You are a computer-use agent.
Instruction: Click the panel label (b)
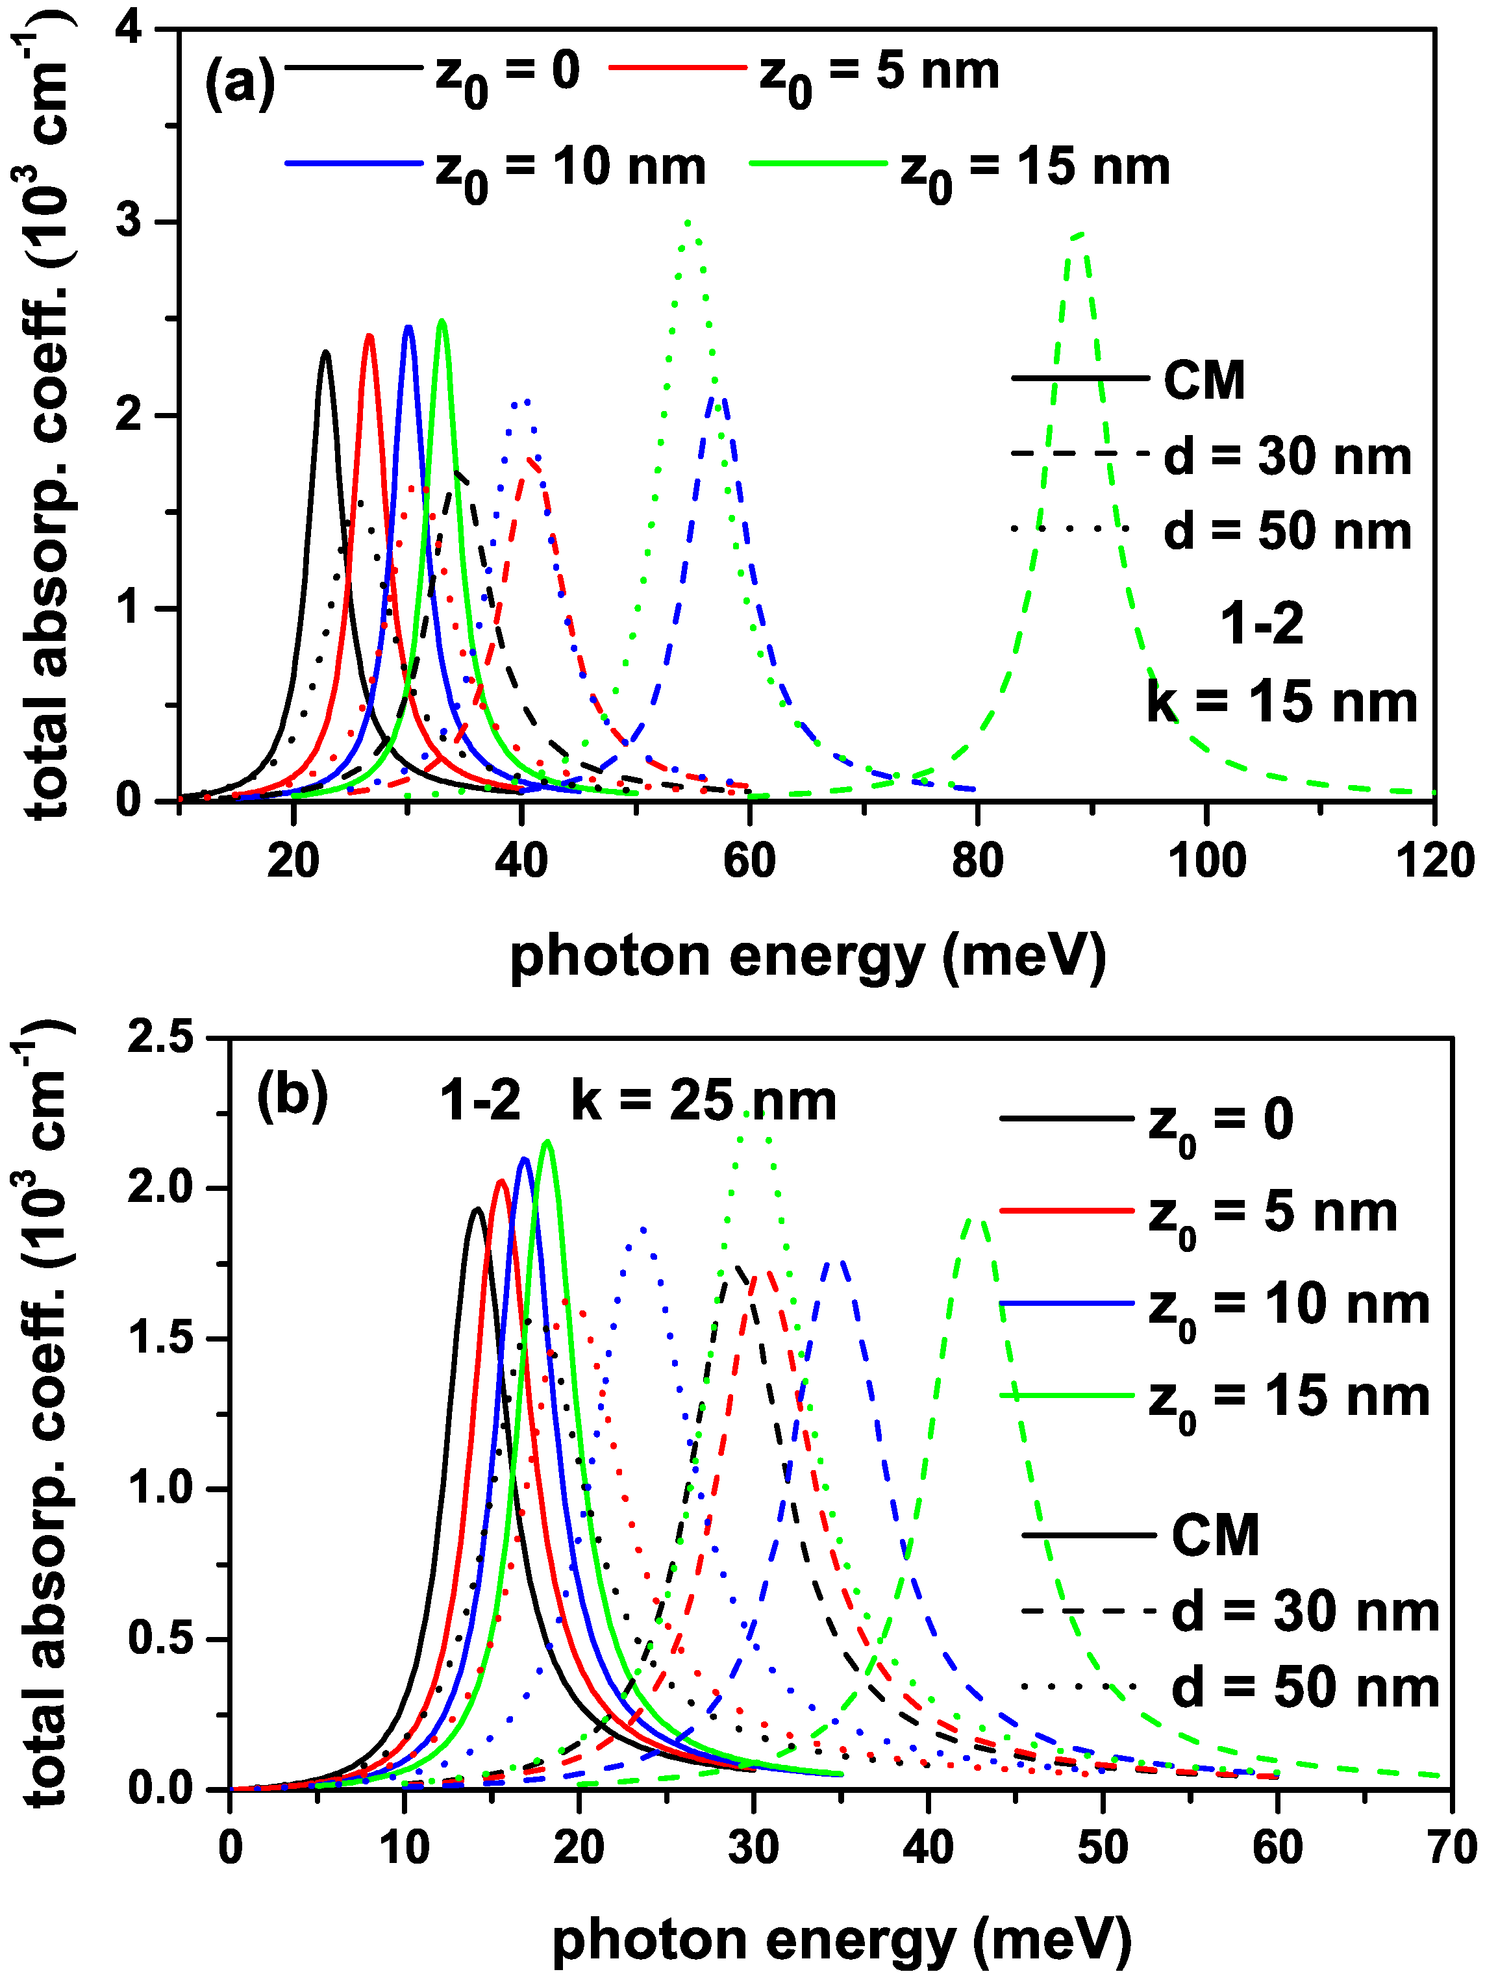coord(292,1097)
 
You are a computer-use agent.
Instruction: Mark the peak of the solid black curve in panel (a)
coord(325,352)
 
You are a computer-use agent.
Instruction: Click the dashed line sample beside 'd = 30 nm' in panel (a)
coord(1080,455)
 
